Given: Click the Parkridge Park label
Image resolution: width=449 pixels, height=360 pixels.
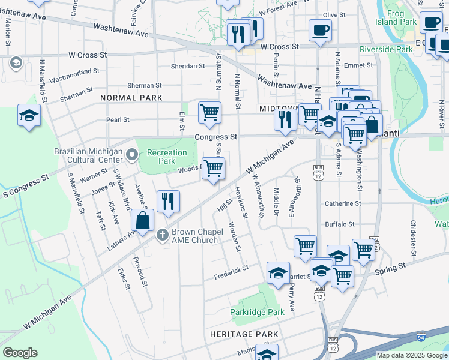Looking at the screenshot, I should point(257,312).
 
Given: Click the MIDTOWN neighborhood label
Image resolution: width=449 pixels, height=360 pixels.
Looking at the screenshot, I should point(280,109).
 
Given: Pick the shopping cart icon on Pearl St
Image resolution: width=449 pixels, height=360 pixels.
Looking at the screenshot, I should point(209,112).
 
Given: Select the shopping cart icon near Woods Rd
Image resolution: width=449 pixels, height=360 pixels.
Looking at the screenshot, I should point(212,168).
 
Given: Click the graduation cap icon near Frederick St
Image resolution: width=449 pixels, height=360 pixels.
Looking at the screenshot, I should point(279,272).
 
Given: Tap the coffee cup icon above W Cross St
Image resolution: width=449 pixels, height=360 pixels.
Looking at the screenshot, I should point(320,29).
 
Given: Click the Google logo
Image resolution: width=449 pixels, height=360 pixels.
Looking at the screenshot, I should point(20,353).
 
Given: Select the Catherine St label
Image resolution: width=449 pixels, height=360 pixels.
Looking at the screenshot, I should point(343,203).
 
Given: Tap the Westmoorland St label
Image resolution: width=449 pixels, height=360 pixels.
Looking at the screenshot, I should point(73,76).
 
